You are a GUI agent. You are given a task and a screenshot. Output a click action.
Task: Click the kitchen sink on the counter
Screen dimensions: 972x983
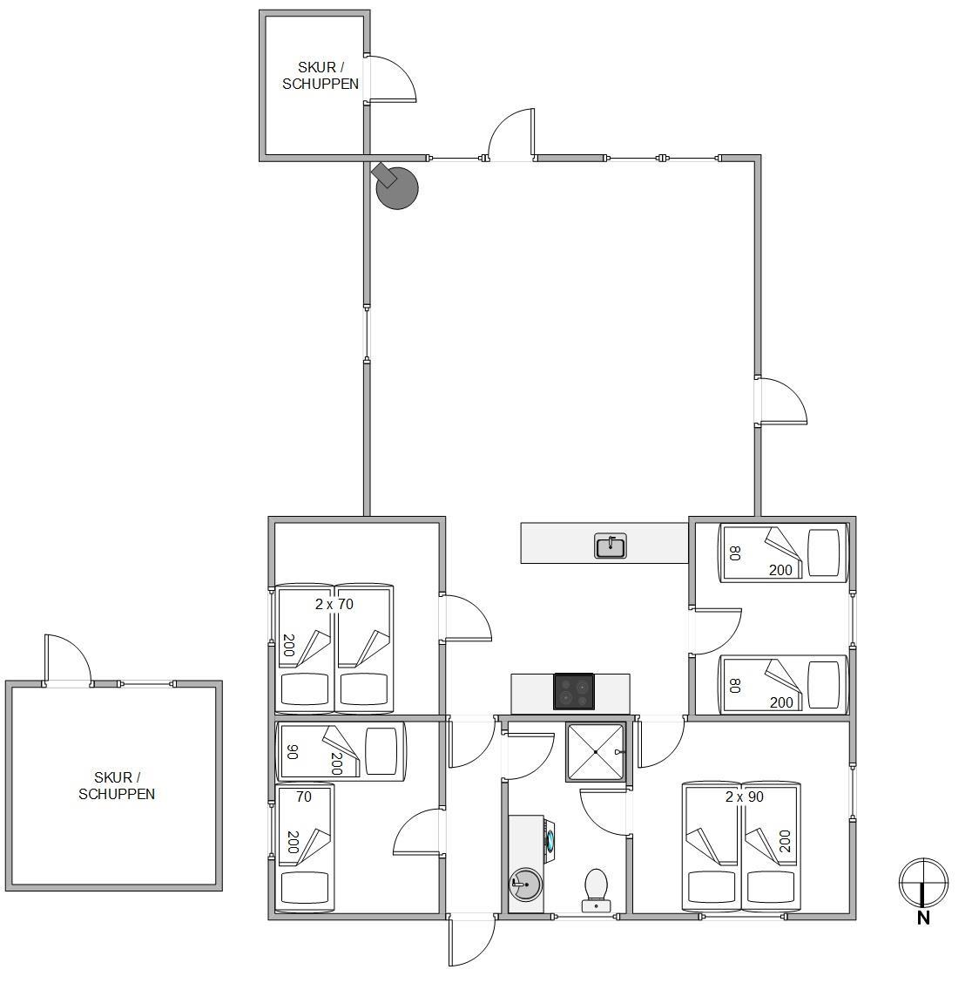[610, 546]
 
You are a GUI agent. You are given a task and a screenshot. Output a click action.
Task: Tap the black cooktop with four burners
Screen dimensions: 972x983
[573, 691]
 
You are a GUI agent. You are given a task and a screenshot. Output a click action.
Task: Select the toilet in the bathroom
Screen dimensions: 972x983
[596, 890]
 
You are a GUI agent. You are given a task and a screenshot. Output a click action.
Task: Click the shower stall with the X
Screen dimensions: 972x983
[596, 752]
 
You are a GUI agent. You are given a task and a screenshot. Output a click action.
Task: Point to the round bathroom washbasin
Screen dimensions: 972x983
[525, 885]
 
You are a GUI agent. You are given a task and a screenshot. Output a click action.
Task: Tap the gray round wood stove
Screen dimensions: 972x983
[395, 186]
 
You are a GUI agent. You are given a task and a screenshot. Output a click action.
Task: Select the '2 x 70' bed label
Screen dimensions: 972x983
[334, 604]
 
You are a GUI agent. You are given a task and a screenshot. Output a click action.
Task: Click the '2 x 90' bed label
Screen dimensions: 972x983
[745, 797]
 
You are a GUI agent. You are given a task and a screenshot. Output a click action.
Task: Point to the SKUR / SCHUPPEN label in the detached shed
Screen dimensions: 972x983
[117, 785]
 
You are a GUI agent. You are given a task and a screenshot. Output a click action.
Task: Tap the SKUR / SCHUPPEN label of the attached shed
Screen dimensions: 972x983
[321, 75]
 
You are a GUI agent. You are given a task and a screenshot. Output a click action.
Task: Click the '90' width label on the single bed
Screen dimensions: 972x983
[292, 752]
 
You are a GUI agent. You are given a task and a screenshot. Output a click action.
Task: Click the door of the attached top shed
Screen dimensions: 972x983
[391, 78]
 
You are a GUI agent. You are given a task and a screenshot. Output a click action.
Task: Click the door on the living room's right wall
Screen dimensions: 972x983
[781, 401]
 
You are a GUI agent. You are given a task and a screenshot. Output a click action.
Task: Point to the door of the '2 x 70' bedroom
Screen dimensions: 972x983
[466, 618]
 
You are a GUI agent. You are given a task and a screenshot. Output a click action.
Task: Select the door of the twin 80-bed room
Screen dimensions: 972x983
[716, 631]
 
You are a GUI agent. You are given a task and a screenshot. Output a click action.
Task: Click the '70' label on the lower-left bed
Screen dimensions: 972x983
[304, 797]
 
